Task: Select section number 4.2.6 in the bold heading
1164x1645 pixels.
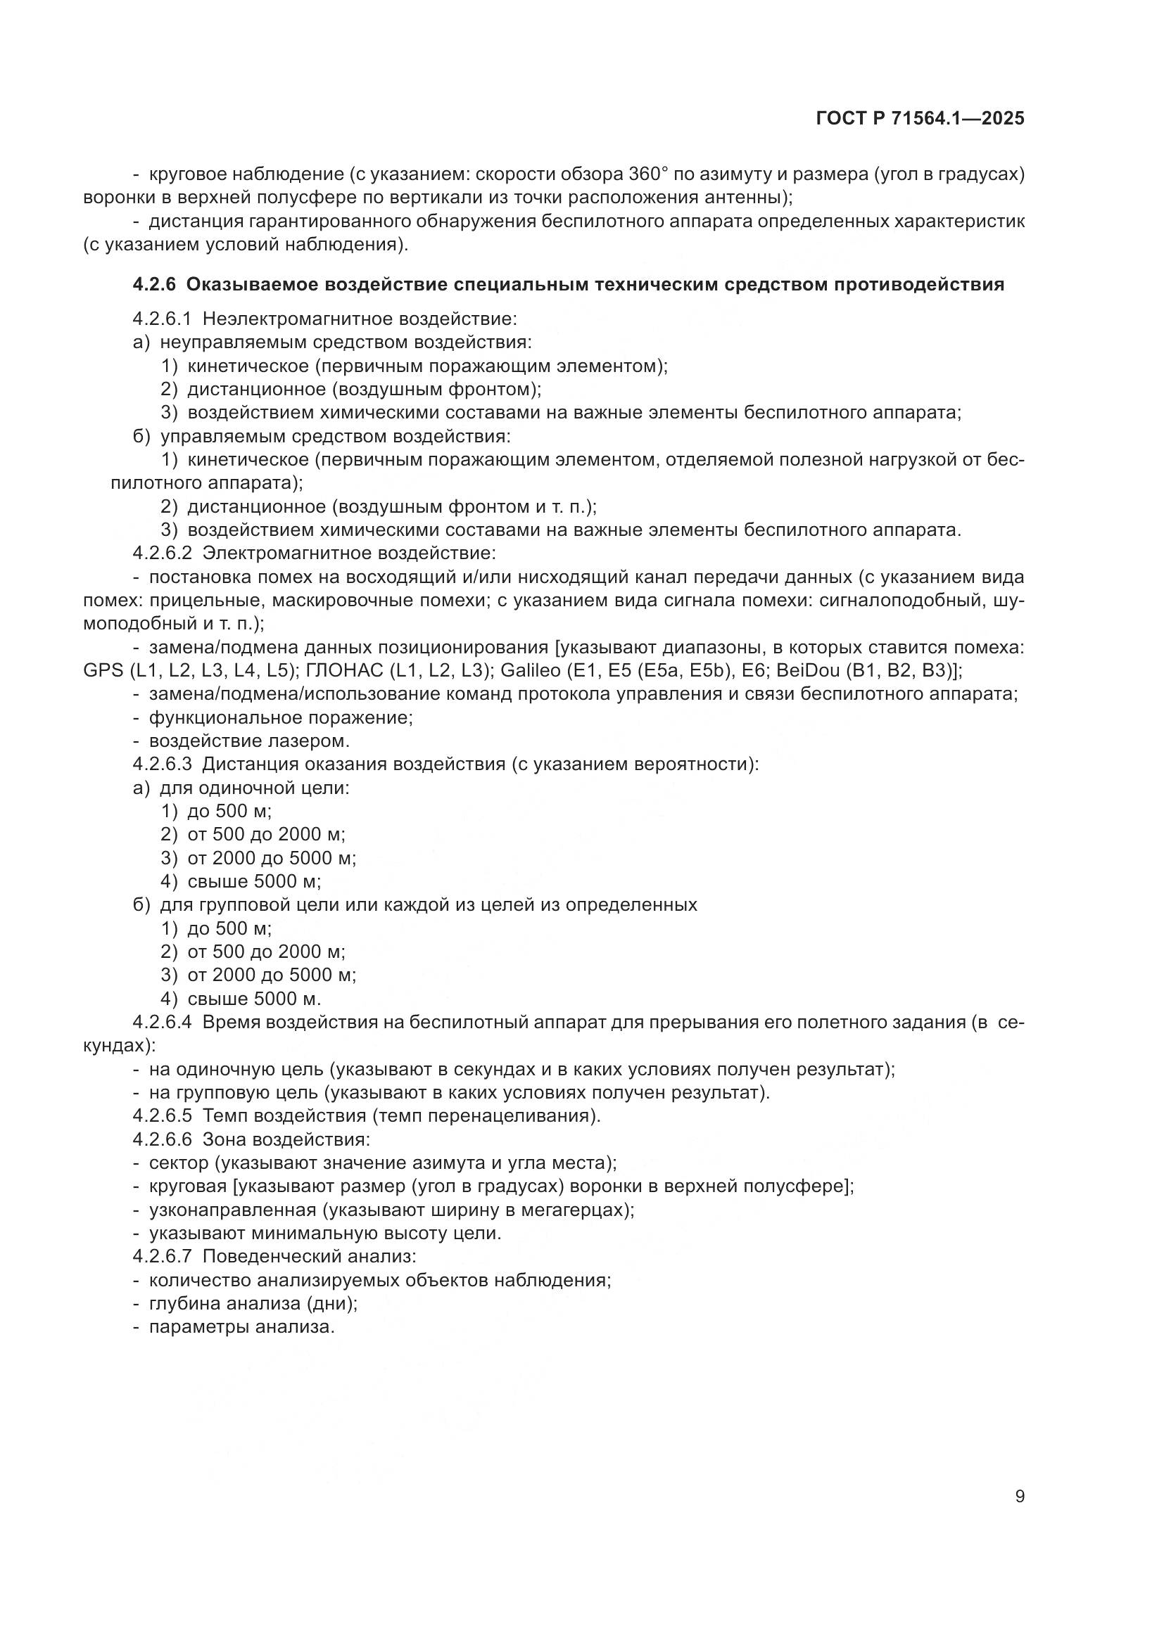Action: point(153,284)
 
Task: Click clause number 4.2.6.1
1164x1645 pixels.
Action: point(162,318)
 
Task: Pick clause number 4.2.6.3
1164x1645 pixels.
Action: point(162,764)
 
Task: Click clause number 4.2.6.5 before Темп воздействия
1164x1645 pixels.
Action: point(162,1115)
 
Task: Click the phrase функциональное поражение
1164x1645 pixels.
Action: point(279,717)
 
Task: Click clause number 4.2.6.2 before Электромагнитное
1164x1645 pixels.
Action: point(162,553)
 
